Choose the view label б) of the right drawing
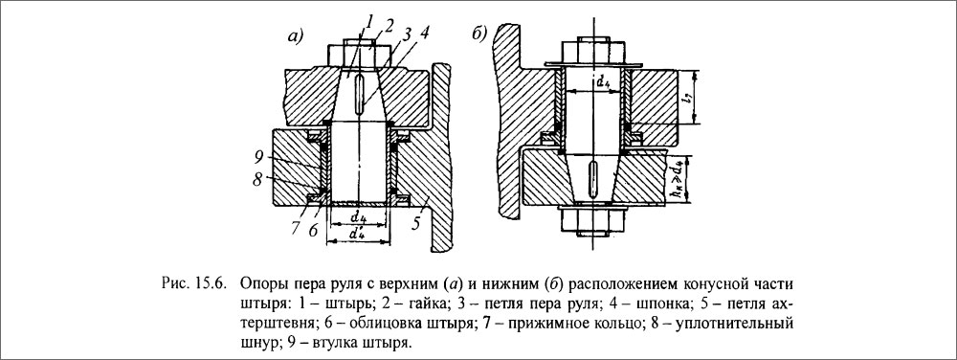pos(480,34)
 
